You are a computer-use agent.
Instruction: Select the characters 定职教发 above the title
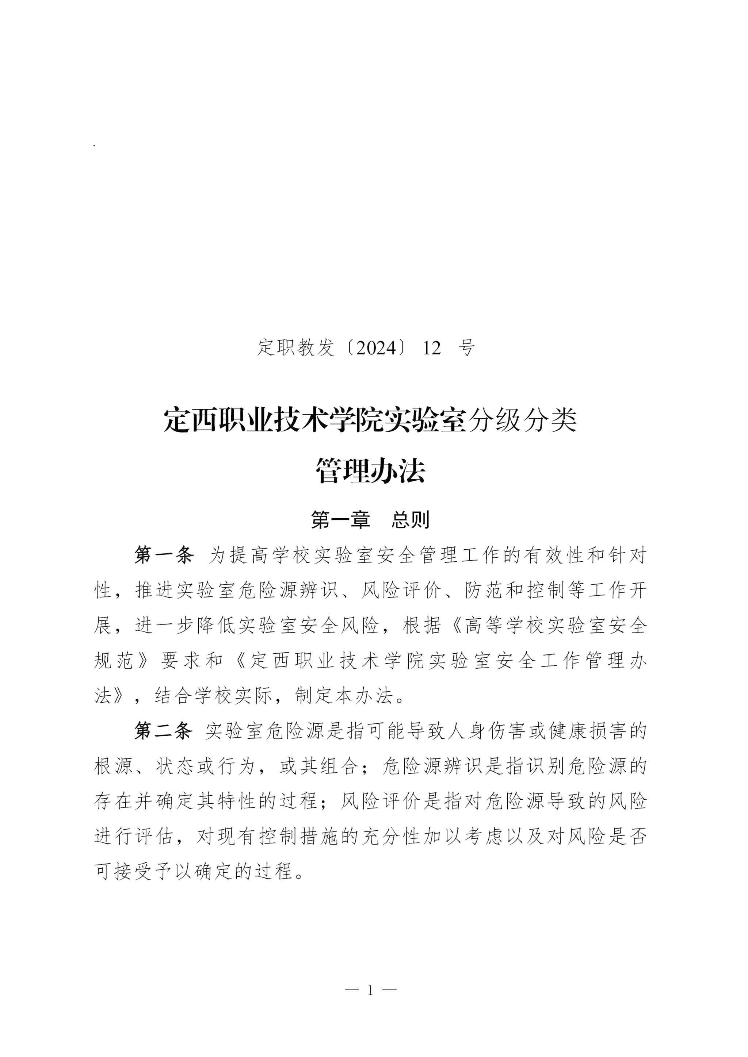[x=296, y=348]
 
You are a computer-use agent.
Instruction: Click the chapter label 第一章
[x=341, y=520]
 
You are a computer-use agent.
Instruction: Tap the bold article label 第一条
[x=164, y=555]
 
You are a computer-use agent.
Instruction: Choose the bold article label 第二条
[x=164, y=731]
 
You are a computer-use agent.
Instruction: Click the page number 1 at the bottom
[x=371, y=990]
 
